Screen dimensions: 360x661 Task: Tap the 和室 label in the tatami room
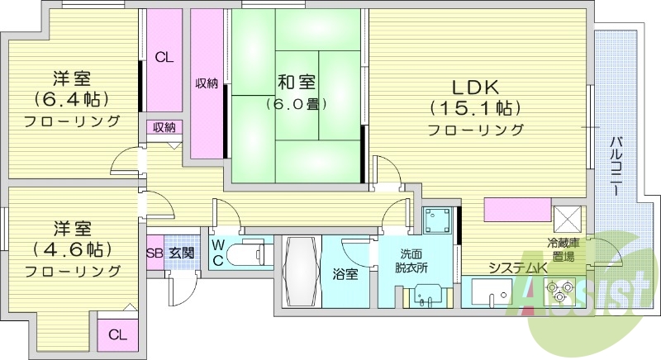[296, 83]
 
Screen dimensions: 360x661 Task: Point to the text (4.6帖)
[71, 249]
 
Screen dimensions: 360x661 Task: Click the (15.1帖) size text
[474, 107]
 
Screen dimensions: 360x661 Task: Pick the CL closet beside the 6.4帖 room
[164, 58]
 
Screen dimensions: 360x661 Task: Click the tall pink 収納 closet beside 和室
[207, 83]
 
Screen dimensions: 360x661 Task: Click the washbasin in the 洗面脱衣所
[428, 293]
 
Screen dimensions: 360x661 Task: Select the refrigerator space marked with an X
[568, 218]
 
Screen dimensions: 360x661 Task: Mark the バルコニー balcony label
[616, 164]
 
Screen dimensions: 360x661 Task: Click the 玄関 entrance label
[181, 253]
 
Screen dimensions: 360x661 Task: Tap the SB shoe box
[155, 253]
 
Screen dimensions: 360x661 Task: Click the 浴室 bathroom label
[345, 274]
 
